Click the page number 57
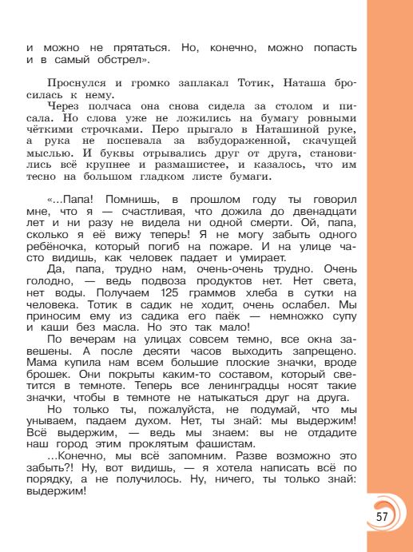click(x=381, y=514)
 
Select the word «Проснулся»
click(x=76, y=83)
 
